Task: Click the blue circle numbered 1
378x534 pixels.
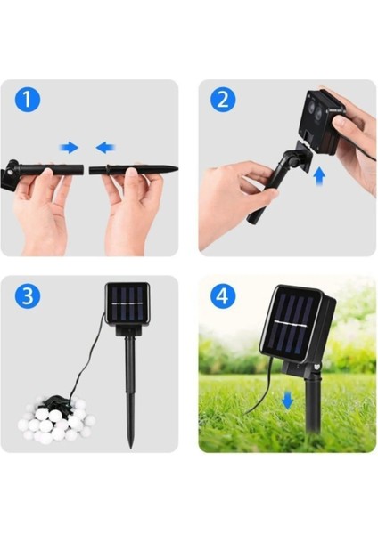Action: click(28, 100)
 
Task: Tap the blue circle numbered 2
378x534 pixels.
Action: click(223, 100)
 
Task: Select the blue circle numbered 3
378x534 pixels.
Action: click(28, 295)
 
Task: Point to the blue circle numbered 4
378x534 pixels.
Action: click(223, 295)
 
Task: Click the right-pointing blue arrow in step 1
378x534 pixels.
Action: click(70, 148)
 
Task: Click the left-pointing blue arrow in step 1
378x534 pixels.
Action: click(105, 148)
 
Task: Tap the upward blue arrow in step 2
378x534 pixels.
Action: click(319, 176)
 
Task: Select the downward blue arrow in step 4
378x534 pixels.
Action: click(288, 400)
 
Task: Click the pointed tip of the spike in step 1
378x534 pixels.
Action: click(177, 168)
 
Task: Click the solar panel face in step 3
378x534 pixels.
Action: click(128, 302)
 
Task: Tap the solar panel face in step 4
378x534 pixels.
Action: click(291, 324)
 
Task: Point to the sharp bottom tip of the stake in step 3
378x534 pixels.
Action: click(130, 448)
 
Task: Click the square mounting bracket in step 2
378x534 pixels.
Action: click(302, 157)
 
